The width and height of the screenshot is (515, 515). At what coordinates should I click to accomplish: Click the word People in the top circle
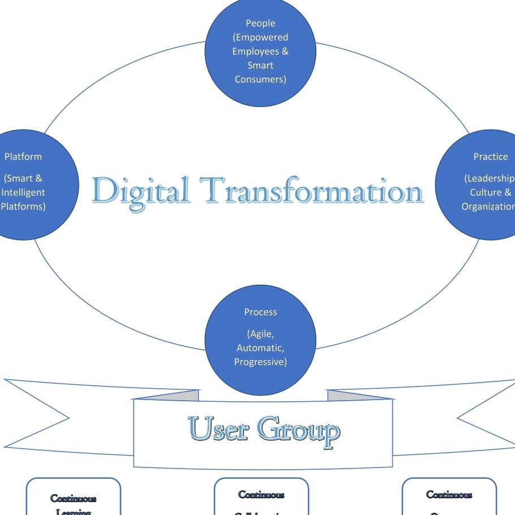260,23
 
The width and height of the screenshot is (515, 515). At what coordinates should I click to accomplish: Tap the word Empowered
262,37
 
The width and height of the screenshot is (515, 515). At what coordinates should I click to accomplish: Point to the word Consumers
260,79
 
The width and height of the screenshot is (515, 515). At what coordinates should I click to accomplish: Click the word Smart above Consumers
260,65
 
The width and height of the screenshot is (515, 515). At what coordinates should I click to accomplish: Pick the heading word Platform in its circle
23,156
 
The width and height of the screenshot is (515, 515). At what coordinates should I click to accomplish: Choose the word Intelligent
23,192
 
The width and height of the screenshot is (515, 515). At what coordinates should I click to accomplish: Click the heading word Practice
491,156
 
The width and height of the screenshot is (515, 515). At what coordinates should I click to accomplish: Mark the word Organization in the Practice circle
488,206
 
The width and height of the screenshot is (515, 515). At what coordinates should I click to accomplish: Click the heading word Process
260,312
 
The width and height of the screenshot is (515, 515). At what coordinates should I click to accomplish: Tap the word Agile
261,334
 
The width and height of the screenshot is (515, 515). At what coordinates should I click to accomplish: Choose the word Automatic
260,347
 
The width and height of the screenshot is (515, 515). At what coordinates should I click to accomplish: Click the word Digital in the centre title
141,191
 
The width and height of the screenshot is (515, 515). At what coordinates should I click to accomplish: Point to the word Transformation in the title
311,190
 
